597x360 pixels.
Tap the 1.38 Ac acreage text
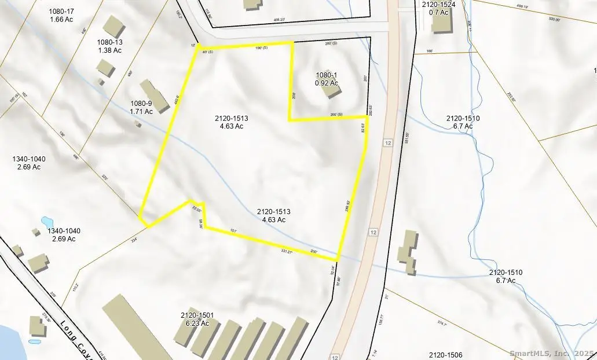click(x=109, y=50)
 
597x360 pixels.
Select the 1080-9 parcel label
click(x=140, y=104)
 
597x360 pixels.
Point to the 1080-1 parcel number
click(x=325, y=75)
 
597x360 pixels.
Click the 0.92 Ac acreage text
click(x=325, y=83)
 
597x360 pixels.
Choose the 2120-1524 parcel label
click(x=435, y=5)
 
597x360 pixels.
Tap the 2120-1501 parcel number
click(x=197, y=315)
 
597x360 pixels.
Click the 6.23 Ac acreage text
click(x=197, y=324)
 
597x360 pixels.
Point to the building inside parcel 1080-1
click(x=331, y=87)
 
